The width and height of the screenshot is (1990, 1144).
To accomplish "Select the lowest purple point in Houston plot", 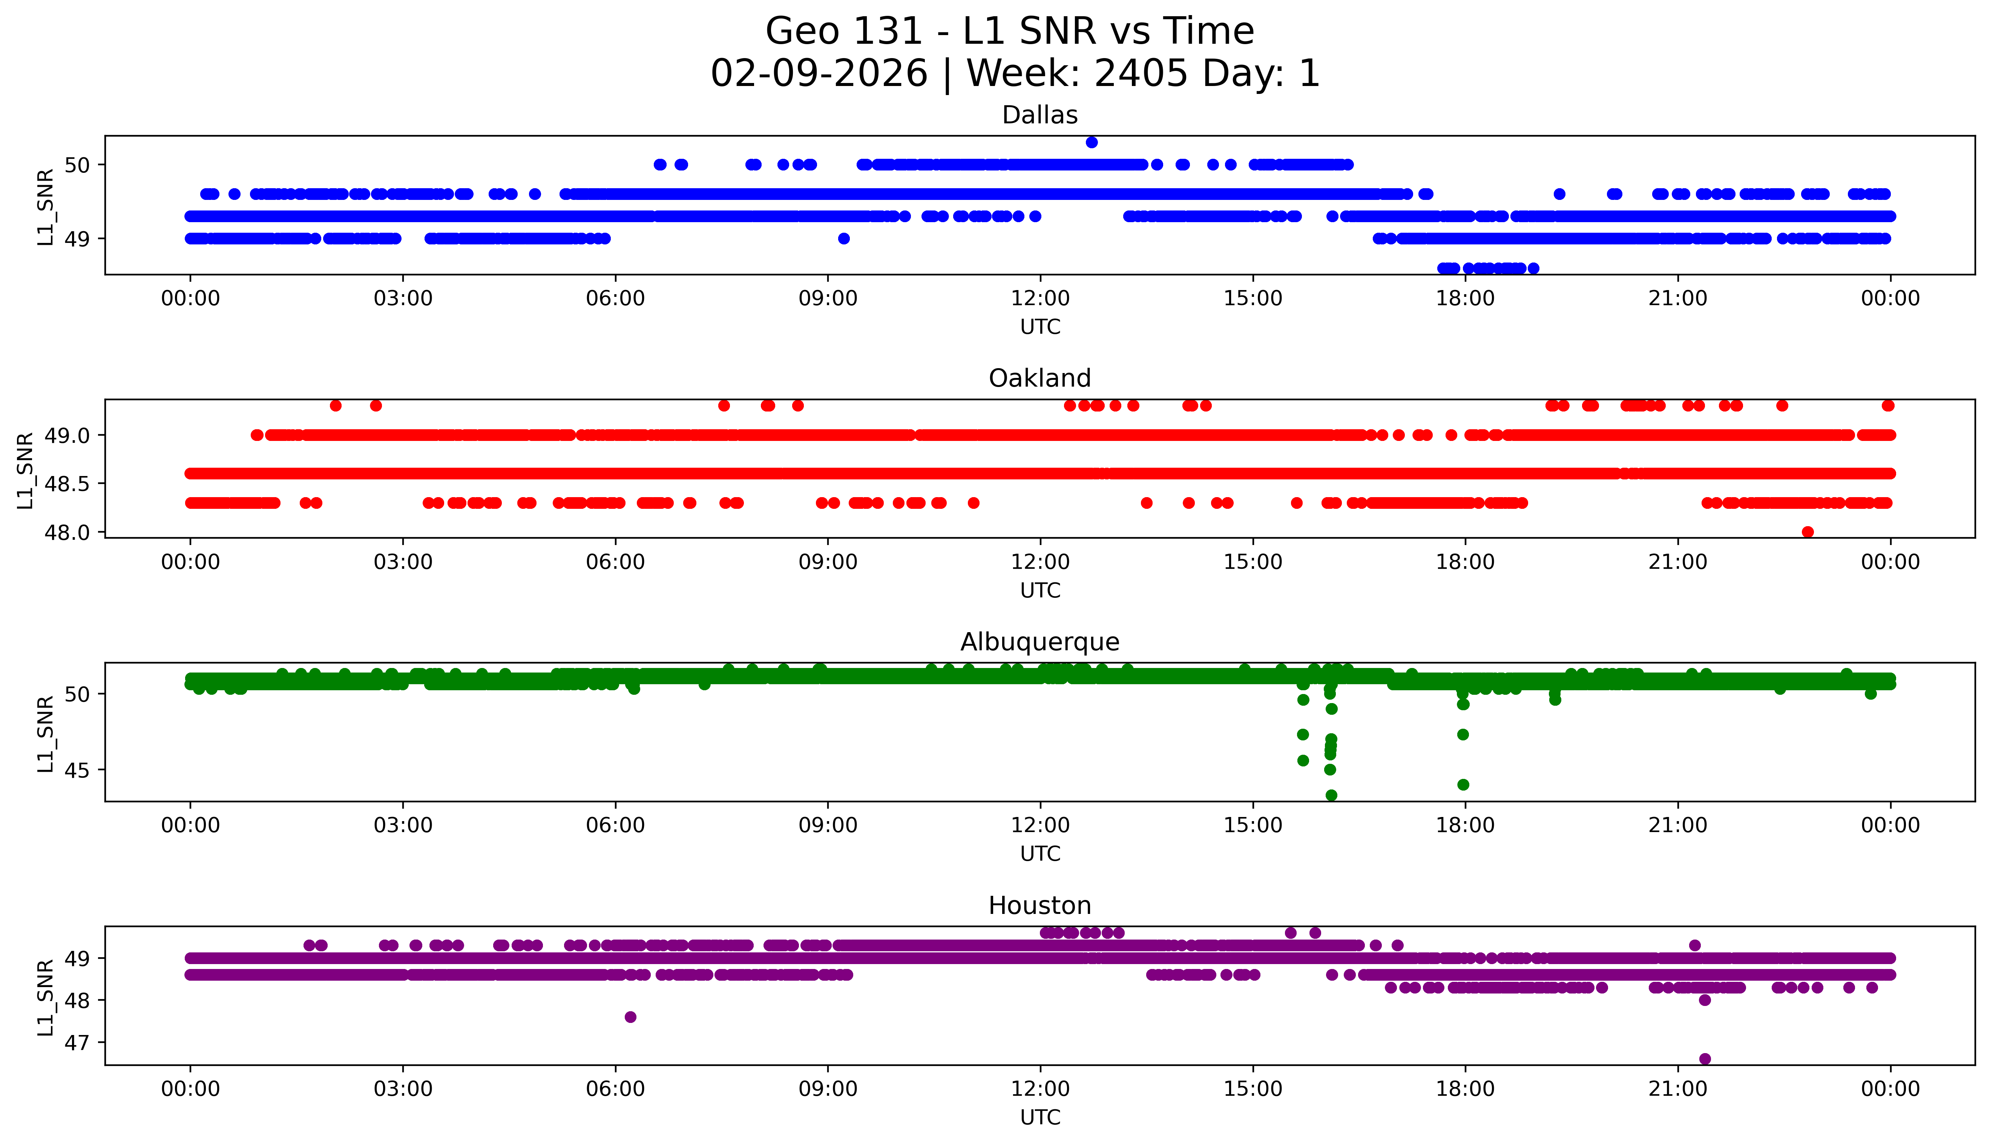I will (1704, 1058).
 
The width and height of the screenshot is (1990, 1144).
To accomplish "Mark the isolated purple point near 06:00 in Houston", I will (630, 1017).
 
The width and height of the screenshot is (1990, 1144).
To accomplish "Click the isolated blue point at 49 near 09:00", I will (843, 238).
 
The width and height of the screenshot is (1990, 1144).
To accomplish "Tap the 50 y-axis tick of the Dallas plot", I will (78, 165).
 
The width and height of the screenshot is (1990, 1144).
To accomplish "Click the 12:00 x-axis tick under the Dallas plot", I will (1040, 299).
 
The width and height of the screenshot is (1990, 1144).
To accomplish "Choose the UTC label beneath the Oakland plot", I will (1040, 590).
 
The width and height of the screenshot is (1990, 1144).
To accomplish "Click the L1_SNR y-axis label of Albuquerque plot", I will (46, 733).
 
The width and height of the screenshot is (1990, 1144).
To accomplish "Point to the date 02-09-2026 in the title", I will (819, 74).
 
